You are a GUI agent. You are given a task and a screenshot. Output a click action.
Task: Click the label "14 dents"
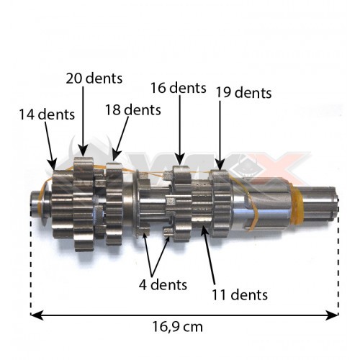[x=46, y=114]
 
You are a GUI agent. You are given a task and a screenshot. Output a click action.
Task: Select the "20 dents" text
[x=94, y=78]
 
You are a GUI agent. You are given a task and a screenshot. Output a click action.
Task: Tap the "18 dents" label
[x=132, y=110]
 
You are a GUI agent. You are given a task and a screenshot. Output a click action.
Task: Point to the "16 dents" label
[x=179, y=88]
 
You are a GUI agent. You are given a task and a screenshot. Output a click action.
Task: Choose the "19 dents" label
[x=243, y=92]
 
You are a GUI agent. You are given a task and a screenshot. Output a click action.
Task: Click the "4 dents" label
[x=163, y=284]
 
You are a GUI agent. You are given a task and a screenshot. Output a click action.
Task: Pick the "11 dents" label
[x=240, y=294]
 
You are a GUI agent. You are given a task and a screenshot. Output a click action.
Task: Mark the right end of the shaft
[x=333, y=204]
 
